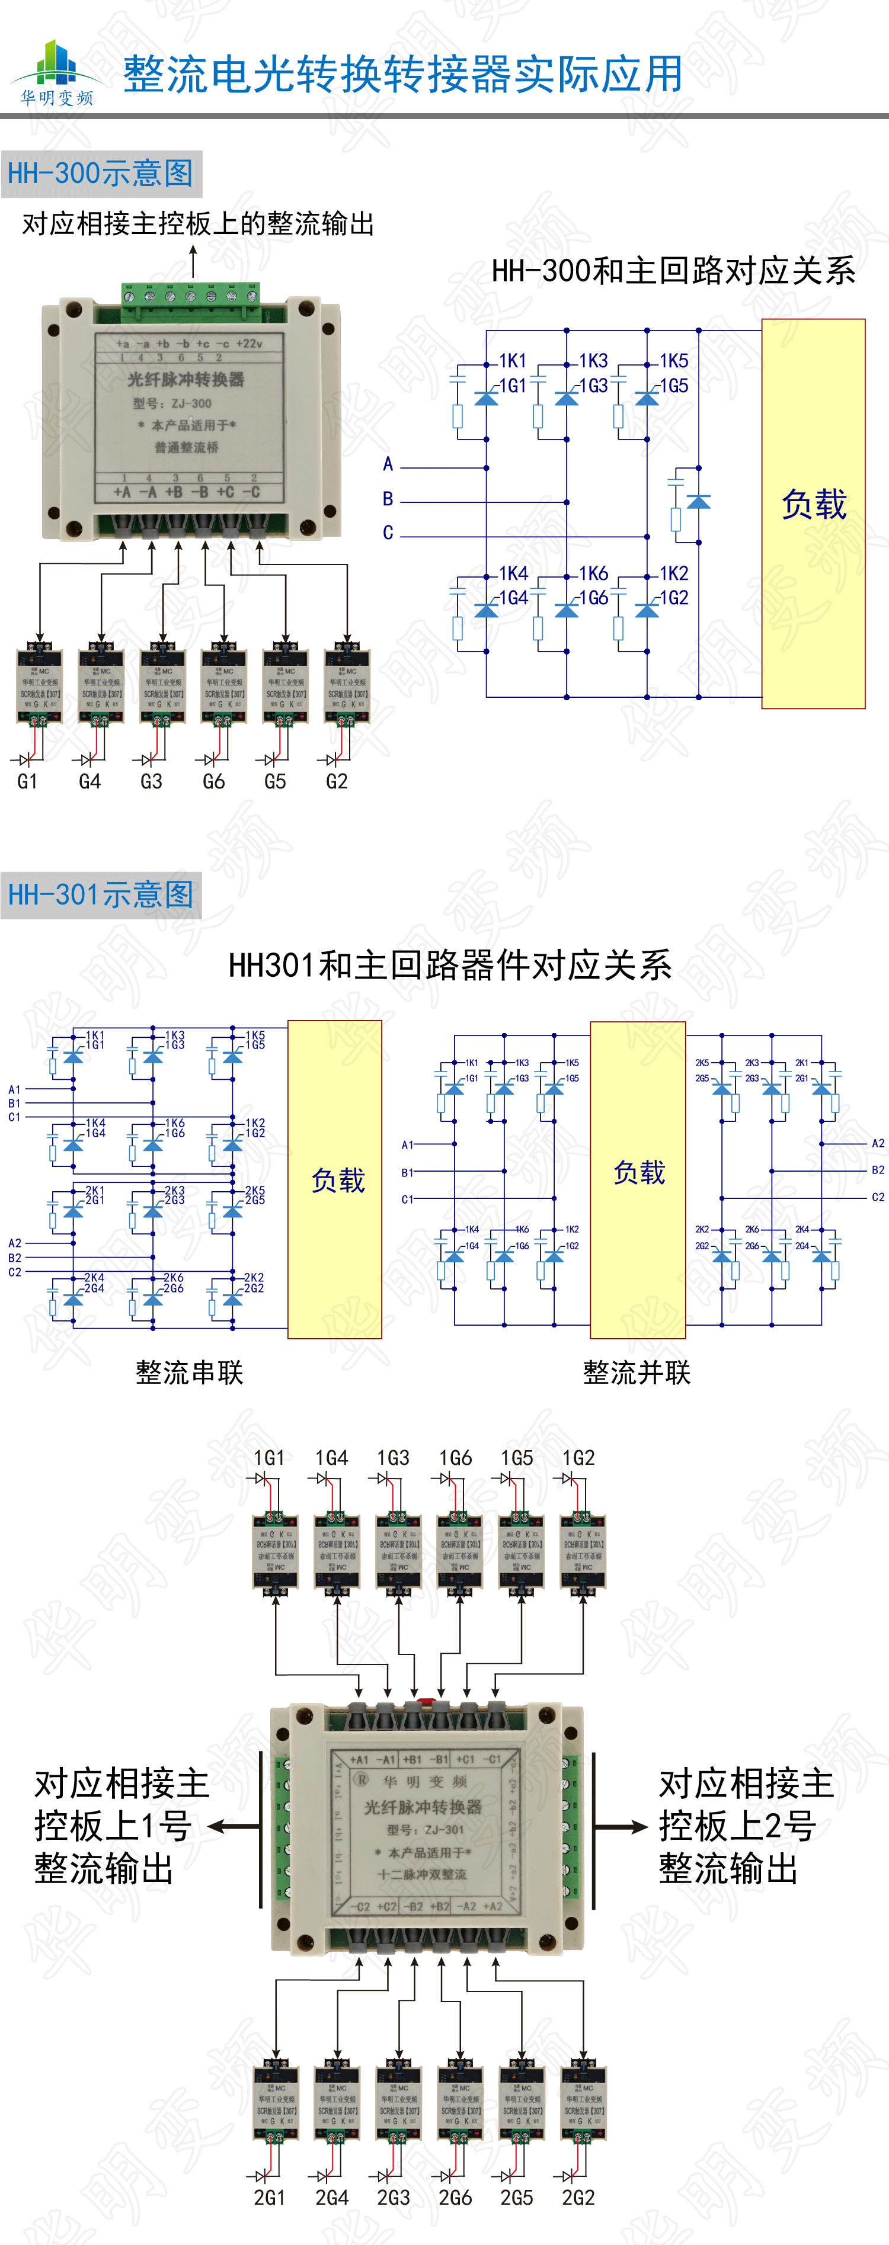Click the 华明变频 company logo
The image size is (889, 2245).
click(57, 73)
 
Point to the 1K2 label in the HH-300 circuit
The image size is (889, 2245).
click(674, 573)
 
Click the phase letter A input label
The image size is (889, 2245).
click(388, 464)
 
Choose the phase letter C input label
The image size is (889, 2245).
click(388, 533)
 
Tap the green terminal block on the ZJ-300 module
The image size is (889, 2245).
click(190, 296)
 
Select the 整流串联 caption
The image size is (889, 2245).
click(189, 1372)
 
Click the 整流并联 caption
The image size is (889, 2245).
click(637, 1372)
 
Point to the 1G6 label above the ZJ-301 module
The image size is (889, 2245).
click(455, 1458)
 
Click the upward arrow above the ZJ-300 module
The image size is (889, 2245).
click(193, 259)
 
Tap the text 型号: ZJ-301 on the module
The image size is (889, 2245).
click(426, 1829)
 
